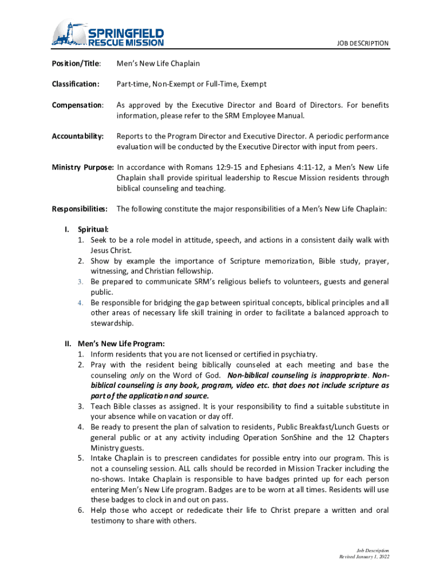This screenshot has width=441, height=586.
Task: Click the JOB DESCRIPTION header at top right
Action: click(x=363, y=43)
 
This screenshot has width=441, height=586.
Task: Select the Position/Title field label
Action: click(x=77, y=63)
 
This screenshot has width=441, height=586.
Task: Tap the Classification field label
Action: click(x=76, y=84)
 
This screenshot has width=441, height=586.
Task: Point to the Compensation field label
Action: click(x=78, y=105)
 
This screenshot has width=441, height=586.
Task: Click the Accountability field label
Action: click(x=78, y=136)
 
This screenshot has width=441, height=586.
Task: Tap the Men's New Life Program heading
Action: click(x=121, y=344)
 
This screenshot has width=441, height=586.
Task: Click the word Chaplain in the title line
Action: click(x=184, y=63)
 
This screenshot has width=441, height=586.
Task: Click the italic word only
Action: click(x=137, y=375)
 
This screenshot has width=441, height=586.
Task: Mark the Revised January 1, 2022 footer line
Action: click(x=364, y=556)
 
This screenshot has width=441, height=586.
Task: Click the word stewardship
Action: click(x=111, y=323)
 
